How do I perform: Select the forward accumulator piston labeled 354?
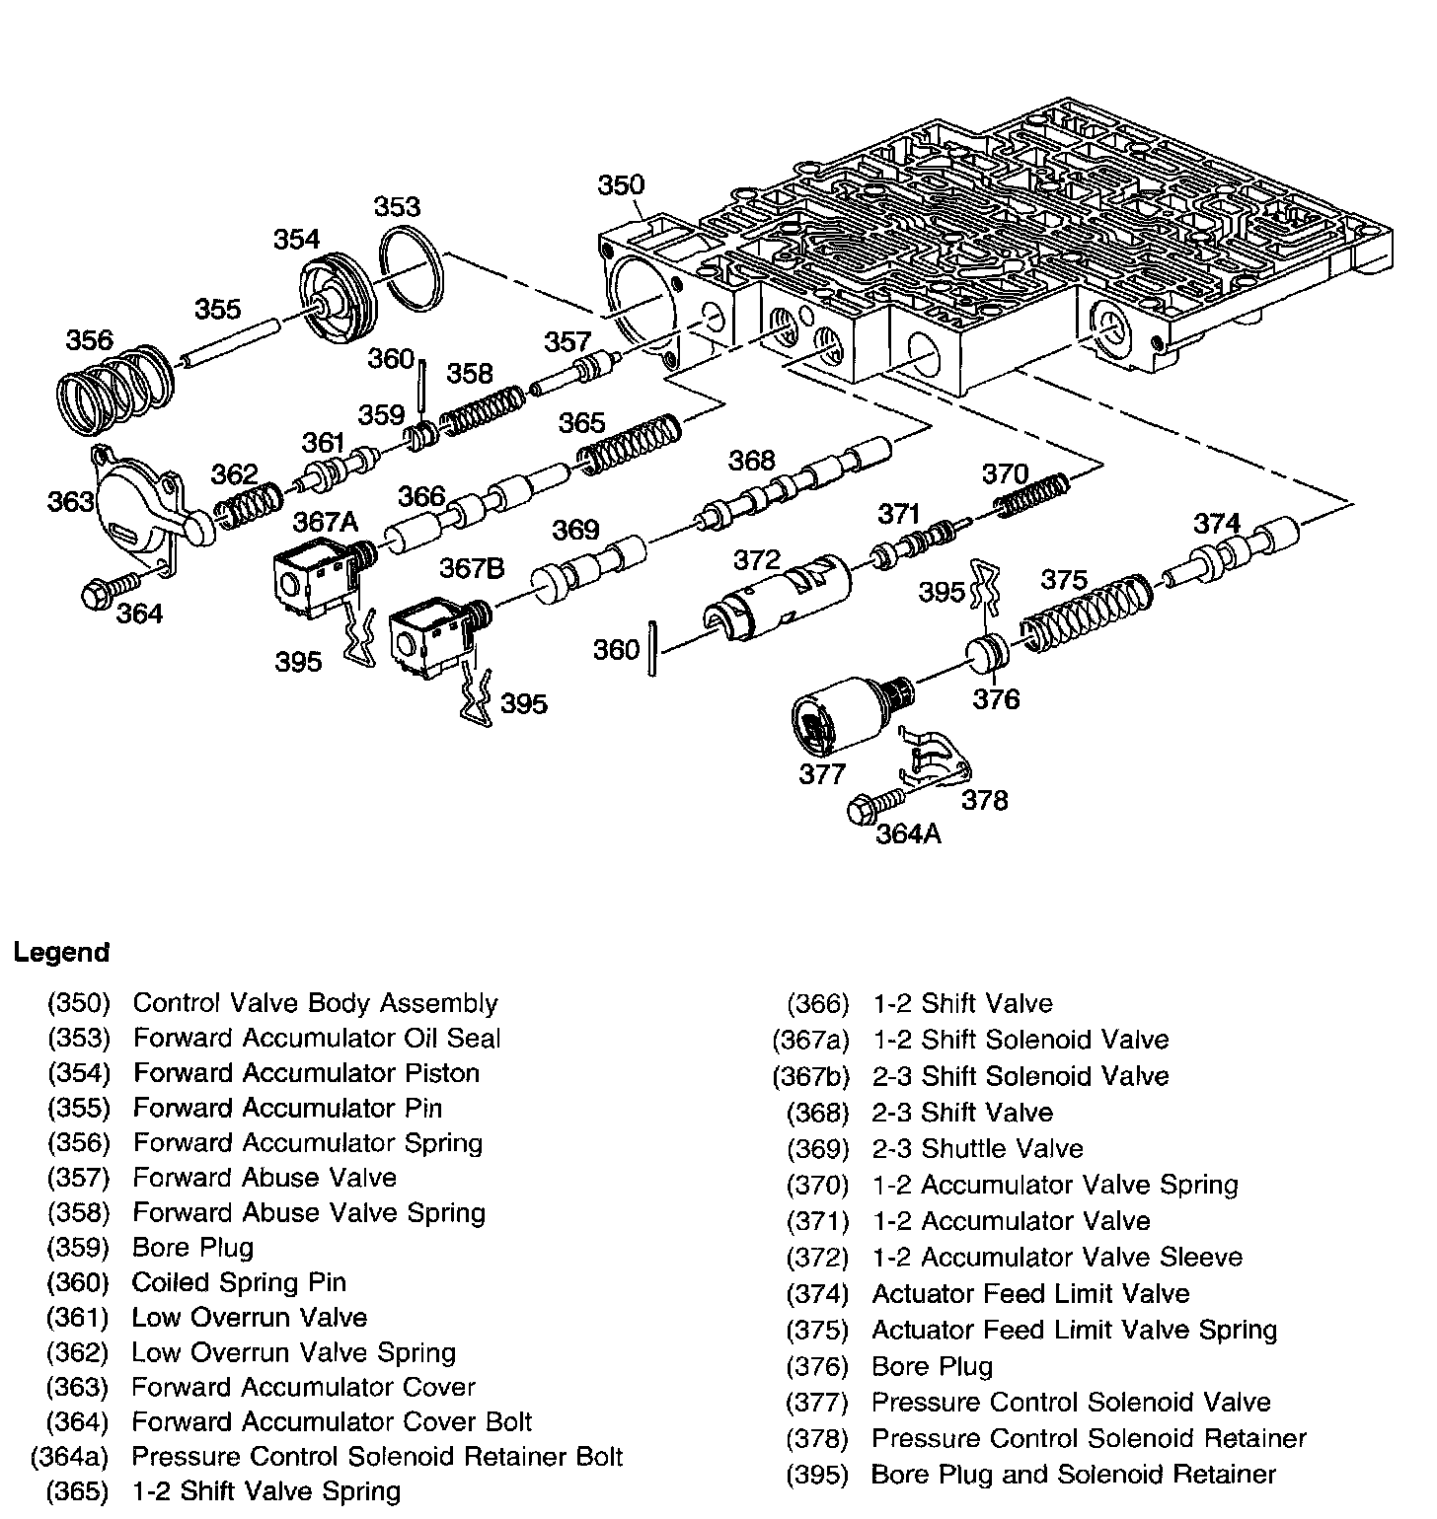click(339, 301)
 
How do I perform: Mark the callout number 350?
click(621, 184)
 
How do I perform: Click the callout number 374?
click(1216, 523)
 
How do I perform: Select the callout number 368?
click(752, 460)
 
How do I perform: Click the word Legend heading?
click(61, 953)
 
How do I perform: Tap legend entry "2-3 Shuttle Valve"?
click(977, 1148)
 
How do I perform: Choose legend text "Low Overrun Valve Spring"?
click(294, 1351)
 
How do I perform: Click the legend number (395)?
click(817, 1474)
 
